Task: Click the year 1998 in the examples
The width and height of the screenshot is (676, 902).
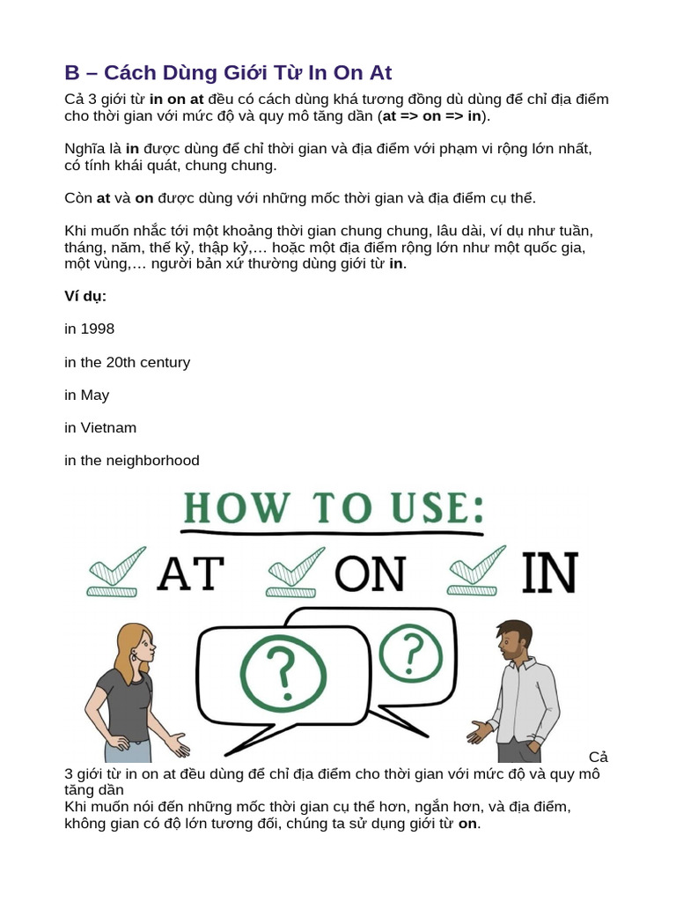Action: [x=97, y=329]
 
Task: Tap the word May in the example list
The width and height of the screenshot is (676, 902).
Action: [x=94, y=395]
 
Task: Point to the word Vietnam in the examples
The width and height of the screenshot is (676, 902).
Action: [x=107, y=427]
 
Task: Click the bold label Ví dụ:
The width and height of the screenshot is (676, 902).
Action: [x=85, y=296]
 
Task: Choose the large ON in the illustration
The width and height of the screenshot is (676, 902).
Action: [x=368, y=573]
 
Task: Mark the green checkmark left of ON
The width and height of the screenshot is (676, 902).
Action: [x=297, y=573]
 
